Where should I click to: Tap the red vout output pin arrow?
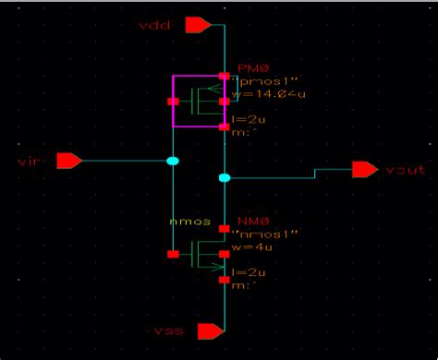(x=364, y=169)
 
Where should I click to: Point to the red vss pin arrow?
(x=211, y=330)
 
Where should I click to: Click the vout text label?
(x=405, y=170)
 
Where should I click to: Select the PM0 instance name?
(x=252, y=66)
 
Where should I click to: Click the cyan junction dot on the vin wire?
(x=173, y=162)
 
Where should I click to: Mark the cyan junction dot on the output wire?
(x=223, y=176)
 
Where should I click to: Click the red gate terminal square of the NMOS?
(x=173, y=253)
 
